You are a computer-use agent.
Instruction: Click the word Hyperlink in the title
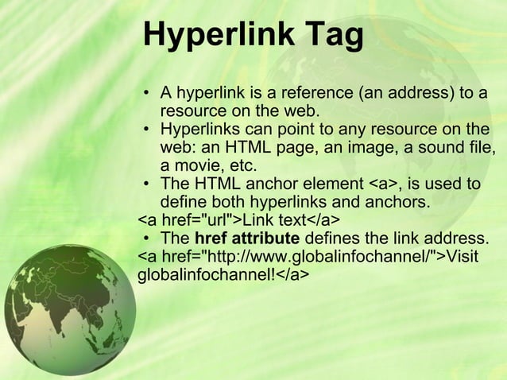click(222, 37)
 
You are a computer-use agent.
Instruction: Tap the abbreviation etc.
click(242, 166)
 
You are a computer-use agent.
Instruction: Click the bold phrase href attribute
click(247, 238)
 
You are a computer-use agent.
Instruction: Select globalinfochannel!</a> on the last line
click(223, 275)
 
